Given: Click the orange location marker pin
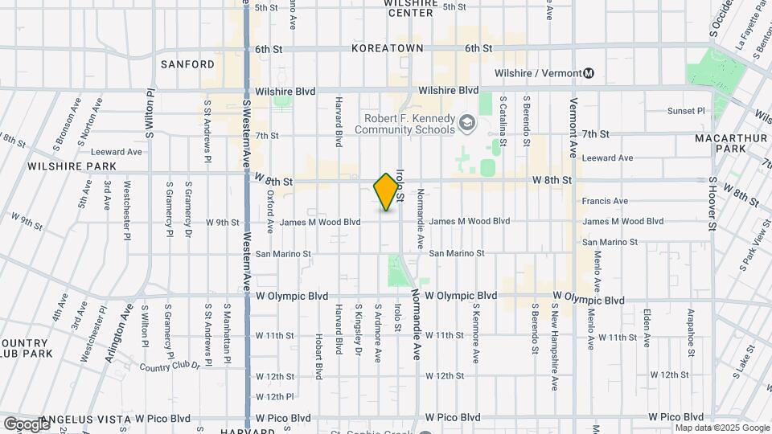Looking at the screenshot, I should coord(387,191).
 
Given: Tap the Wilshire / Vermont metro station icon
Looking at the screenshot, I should coord(589,73).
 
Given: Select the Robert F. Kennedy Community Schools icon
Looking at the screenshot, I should coord(467,123).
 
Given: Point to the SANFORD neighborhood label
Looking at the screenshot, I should coord(187,64).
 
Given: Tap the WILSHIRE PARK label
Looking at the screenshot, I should coord(72,166).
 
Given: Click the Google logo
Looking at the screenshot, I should coord(26,423).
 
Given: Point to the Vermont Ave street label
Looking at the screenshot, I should coord(573,127).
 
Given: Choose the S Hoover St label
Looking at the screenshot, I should coord(712,206).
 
